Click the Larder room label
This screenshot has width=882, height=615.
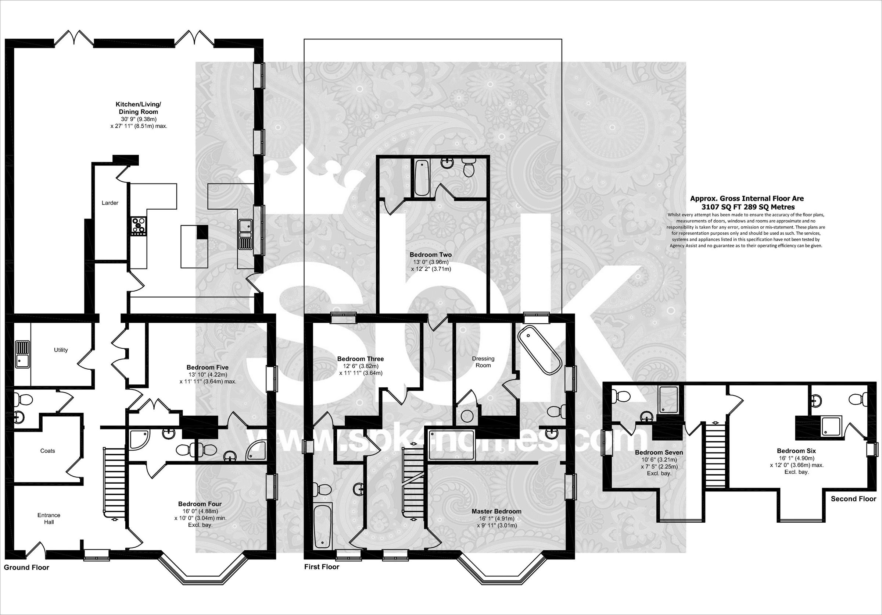(110, 203)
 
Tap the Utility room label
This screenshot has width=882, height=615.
(61, 350)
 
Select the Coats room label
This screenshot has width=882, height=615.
(48, 451)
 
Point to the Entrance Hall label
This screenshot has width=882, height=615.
(49, 519)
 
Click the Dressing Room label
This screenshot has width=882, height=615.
(483, 362)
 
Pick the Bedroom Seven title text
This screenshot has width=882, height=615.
(659, 452)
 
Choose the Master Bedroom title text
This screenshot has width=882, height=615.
(496, 511)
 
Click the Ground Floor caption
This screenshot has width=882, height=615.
(26, 567)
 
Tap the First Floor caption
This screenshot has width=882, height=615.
(322, 566)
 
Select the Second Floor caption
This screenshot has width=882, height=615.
(854, 498)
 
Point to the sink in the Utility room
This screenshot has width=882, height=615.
(23, 354)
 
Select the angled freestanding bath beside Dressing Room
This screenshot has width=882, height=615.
(539, 351)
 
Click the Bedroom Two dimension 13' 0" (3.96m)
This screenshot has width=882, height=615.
(431, 262)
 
